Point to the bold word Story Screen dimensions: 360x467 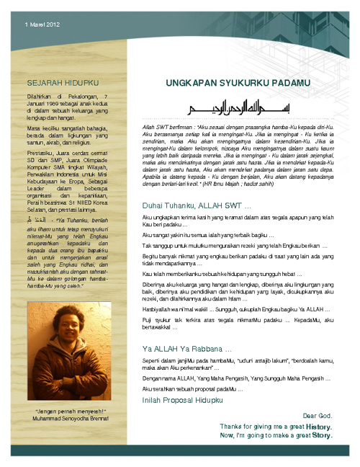321,436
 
